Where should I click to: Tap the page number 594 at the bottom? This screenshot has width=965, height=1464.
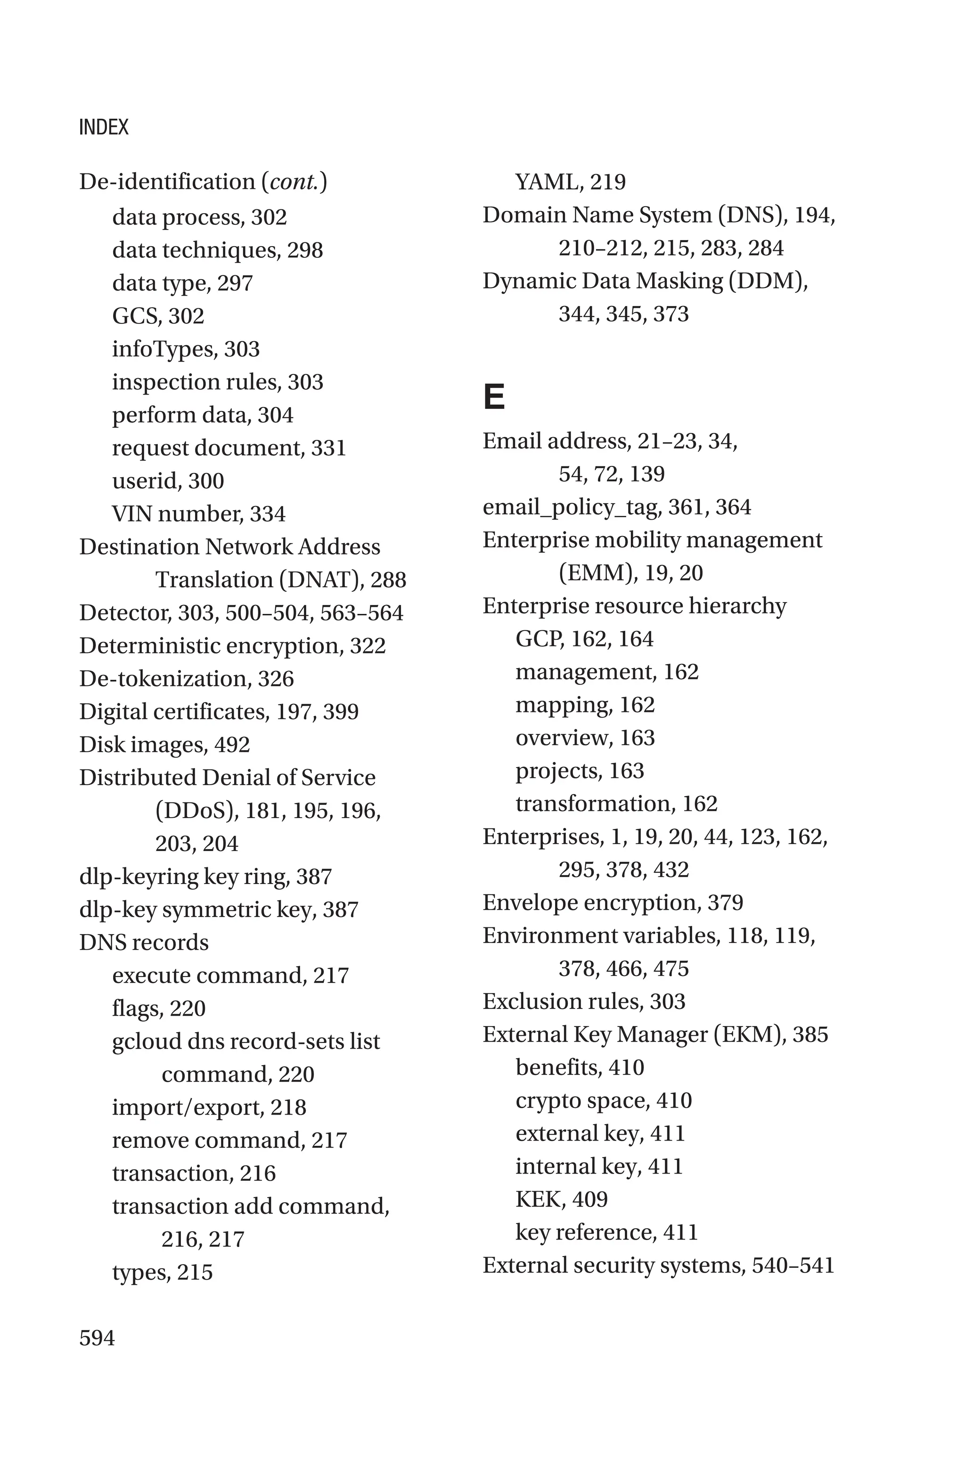coord(97,1338)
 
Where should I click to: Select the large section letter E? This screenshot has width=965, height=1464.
coord(494,397)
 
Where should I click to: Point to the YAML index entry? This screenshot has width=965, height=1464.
coord(570,182)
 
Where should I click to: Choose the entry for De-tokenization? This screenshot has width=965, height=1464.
coord(187,678)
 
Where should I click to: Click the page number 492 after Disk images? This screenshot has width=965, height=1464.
coord(232,745)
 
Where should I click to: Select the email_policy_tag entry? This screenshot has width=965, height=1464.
coord(617,507)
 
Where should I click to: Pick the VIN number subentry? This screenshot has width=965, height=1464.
coord(198,514)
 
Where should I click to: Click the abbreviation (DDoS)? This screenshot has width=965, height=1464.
coord(197,811)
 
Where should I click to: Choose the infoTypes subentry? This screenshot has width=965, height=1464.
coord(186,349)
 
